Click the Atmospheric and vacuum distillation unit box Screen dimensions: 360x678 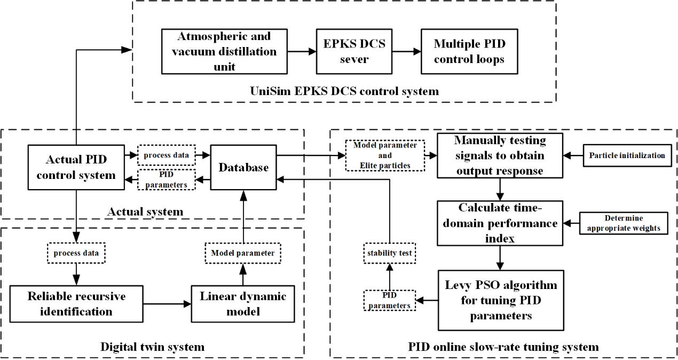pyautogui.click(x=224, y=52)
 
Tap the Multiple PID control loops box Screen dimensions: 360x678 pyautogui.click(x=469, y=52)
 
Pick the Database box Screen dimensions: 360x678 pyautogui.click(x=243, y=167)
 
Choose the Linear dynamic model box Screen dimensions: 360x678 pyautogui.click(x=243, y=304)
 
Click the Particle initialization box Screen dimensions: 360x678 pyautogui.click(x=627, y=155)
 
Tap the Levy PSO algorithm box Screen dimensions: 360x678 pyautogui.click(x=500, y=300)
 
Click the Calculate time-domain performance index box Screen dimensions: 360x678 pyautogui.click(x=500, y=223)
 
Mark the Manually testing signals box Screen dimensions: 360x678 pyautogui.click(x=500, y=155)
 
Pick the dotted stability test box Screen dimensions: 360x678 pyautogui.click(x=390, y=253)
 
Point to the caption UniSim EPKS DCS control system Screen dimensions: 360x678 pyautogui.click(x=344, y=91)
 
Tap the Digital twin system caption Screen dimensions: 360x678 pyautogui.click(x=152, y=347)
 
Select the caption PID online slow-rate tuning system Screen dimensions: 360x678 pyautogui.click(x=503, y=347)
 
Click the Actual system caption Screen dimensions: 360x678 pyautogui.click(x=145, y=212)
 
